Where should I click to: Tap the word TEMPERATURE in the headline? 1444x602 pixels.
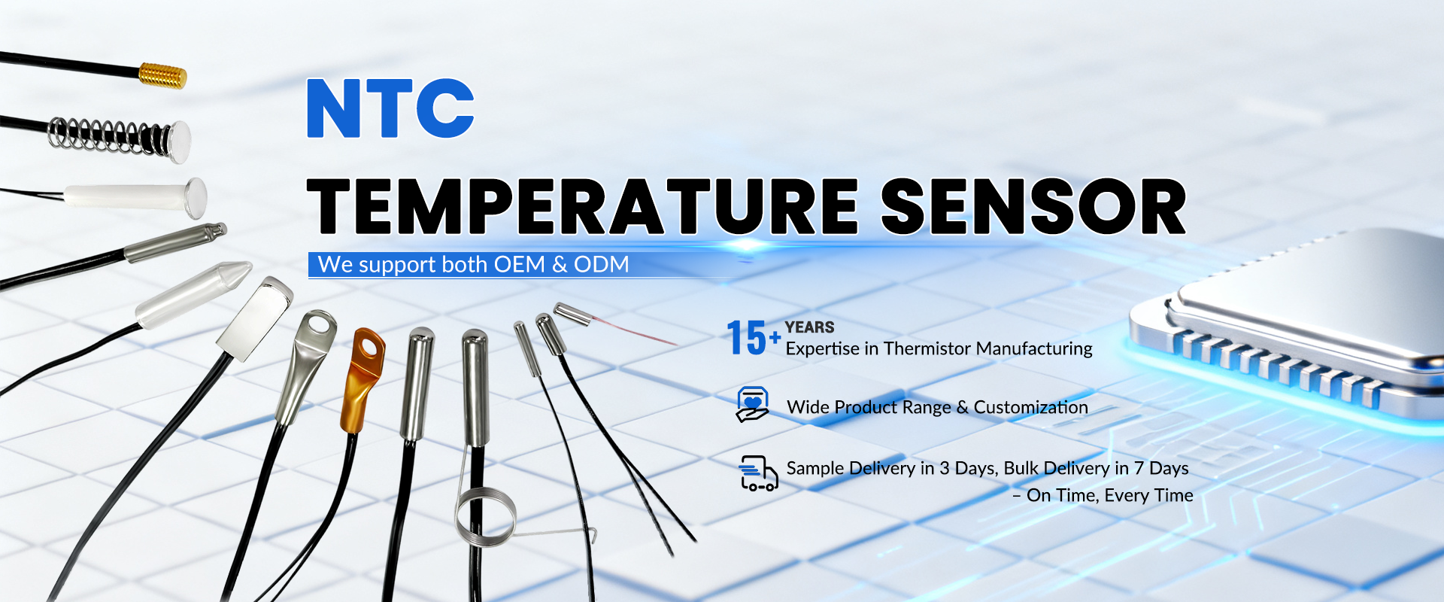pos(583,207)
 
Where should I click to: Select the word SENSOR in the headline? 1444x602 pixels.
pos(1033,207)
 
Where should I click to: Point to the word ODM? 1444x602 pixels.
pos(601,265)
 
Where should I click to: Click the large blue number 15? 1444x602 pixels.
pos(746,337)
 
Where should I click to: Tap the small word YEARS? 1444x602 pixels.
pos(810,327)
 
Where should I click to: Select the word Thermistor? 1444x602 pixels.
pos(927,348)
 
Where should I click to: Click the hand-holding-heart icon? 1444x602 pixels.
pos(753,404)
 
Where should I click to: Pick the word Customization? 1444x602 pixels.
pos(1031,407)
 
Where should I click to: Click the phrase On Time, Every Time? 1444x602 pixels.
pos(1110,495)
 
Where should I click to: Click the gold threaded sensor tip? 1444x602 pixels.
pos(162,76)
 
